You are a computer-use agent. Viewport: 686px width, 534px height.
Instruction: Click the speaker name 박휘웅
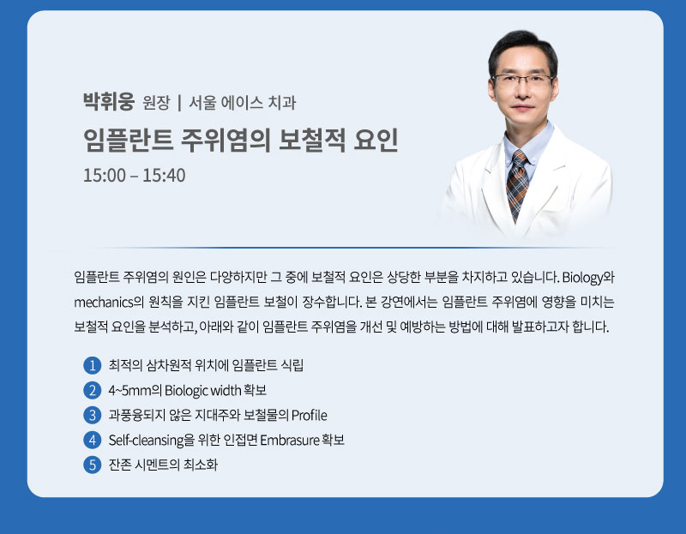point(109,102)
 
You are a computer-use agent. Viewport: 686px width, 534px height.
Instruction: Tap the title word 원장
point(156,103)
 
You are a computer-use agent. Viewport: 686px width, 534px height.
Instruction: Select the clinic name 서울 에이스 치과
point(243,103)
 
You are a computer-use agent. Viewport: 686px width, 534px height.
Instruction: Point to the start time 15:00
point(105,176)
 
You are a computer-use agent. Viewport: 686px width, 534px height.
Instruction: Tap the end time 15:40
point(164,176)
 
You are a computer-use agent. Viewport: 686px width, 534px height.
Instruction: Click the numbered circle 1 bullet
point(93,365)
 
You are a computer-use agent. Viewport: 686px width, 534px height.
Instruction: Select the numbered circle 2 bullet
point(93,390)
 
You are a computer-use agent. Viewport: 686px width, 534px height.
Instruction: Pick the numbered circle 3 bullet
point(93,415)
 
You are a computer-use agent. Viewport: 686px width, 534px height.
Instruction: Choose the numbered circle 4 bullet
point(93,440)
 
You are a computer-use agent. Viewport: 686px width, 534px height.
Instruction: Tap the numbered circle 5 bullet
point(93,465)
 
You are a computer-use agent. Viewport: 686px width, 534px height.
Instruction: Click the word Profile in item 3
point(310,415)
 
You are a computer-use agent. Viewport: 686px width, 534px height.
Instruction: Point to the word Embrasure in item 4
point(290,440)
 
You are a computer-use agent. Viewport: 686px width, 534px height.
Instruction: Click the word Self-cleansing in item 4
point(147,441)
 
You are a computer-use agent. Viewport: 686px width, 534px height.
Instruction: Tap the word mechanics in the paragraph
point(103,303)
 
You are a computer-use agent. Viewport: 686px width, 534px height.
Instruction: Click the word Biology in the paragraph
point(582,278)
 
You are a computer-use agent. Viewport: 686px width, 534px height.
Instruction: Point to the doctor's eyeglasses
point(522,81)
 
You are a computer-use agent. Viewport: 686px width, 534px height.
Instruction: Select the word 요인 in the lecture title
point(376,141)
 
